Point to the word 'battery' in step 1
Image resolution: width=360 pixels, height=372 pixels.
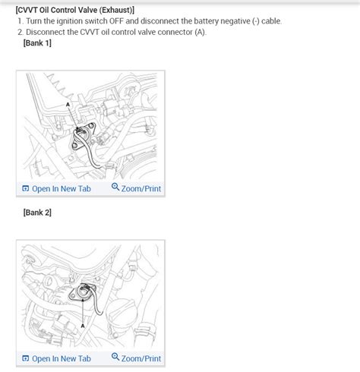point(220,21)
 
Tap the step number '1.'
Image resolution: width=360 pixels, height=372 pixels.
point(20,21)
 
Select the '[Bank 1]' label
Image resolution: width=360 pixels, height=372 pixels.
point(38,45)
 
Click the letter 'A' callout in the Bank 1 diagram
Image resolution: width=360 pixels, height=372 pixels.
point(68,103)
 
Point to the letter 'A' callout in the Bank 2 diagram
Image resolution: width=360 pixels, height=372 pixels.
point(83,324)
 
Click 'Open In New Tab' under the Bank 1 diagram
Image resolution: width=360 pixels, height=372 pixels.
point(61,188)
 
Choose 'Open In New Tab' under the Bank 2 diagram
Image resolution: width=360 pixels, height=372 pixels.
point(61,358)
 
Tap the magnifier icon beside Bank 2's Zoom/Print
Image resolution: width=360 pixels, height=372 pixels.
point(115,358)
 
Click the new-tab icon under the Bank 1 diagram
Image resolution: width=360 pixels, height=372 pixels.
point(25,188)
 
